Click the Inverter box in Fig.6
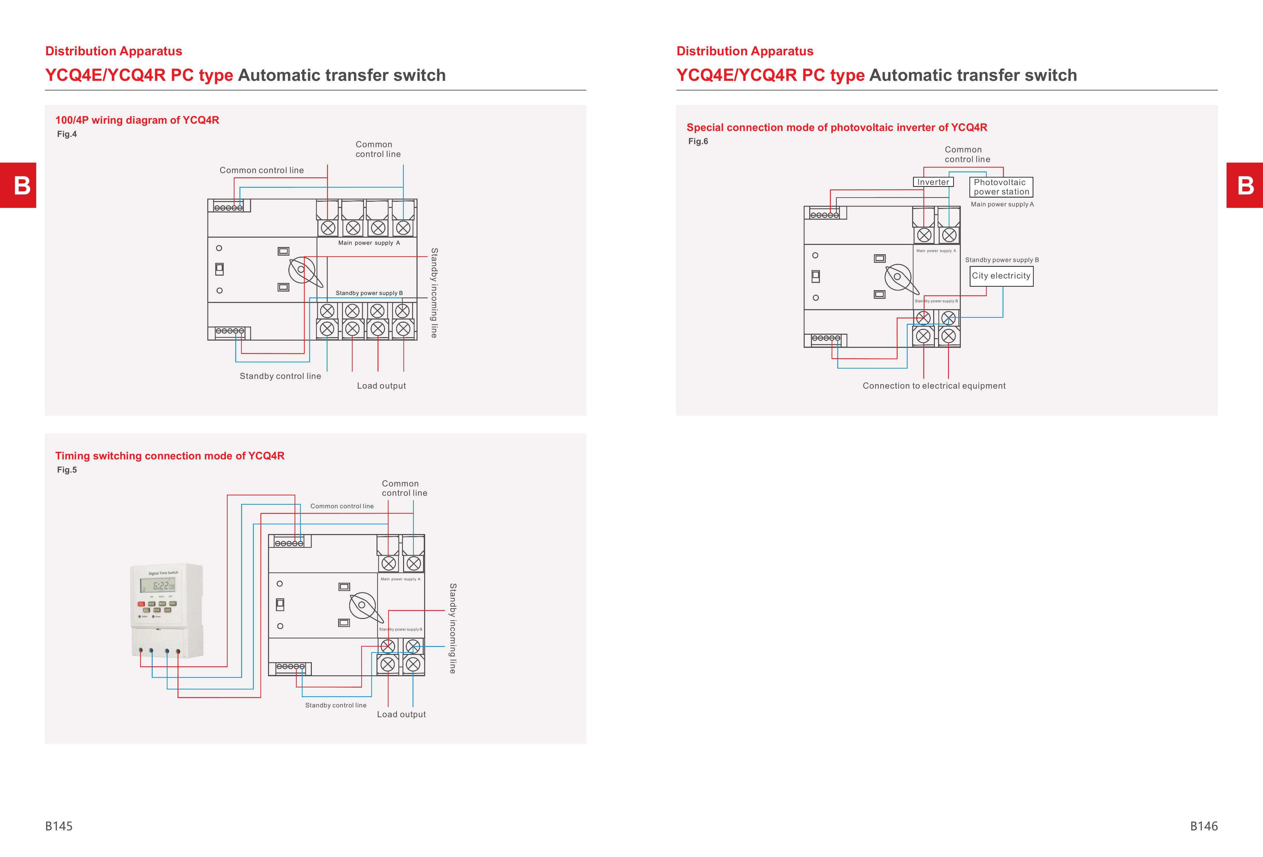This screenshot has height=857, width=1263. tap(933, 182)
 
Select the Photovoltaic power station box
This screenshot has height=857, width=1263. tap(1001, 187)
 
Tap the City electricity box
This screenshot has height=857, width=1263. tap(1002, 276)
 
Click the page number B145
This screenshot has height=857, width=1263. tap(59, 826)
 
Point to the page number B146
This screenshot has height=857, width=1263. tap(1203, 826)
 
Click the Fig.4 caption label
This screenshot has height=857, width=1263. tap(67, 134)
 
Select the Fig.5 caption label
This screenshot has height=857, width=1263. tap(67, 470)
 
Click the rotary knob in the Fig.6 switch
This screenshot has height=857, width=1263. tap(898, 277)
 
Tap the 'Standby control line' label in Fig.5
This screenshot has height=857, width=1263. tap(335, 705)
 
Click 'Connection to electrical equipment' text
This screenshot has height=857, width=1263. tap(934, 386)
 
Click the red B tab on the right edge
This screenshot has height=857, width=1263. tap(1244, 185)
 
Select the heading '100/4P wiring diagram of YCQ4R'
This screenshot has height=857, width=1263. tap(137, 120)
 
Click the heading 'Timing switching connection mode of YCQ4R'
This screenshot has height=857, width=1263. tap(170, 456)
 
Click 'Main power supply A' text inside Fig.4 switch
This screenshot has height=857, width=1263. tap(369, 243)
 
